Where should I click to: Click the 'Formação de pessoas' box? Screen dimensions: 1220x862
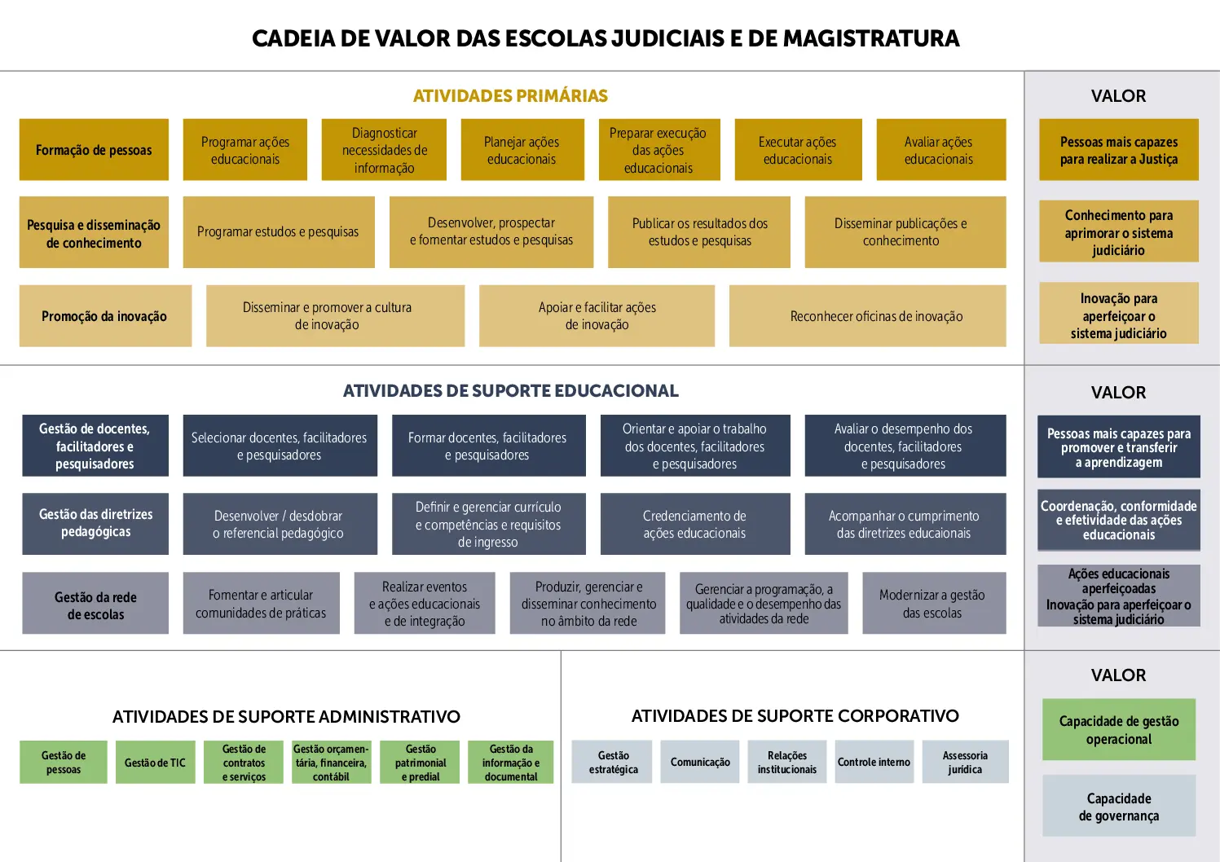pyautogui.click(x=94, y=150)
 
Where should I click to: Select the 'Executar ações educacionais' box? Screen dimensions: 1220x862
pyautogui.click(x=798, y=150)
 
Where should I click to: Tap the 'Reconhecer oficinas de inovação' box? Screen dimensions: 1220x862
pyautogui.click(x=868, y=316)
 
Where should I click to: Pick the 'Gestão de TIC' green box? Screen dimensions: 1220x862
pyautogui.click(x=155, y=762)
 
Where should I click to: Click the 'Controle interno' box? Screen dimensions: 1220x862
pyautogui.click(x=874, y=762)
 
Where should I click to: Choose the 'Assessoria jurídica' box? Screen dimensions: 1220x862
pyautogui.click(x=965, y=762)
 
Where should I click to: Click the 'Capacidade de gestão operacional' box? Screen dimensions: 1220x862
pyautogui.click(x=1119, y=730)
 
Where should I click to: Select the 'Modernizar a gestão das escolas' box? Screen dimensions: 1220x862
pyautogui.click(x=934, y=603)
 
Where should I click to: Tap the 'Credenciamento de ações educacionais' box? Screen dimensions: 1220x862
pyautogui.click(x=695, y=524)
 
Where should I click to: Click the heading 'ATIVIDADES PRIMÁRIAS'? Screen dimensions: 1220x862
pyautogui.click(x=510, y=96)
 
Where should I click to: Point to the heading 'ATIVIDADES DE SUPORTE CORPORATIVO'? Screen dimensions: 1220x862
pyautogui.click(x=795, y=715)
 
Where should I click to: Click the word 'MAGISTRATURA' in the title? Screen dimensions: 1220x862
pyautogui.click(x=871, y=38)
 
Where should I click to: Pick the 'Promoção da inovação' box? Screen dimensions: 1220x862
pyautogui.click(x=106, y=316)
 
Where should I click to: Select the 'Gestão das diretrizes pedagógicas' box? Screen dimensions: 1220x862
pyautogui.click(x=95, y=524)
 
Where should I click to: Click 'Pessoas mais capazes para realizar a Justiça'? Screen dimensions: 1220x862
pyautogui.click(x=1119, y=150)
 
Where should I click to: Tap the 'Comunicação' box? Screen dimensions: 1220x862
pyautogui.click(x=700, y=762)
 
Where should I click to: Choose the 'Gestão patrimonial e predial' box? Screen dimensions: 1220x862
pyautogui.click(x=420, y=762)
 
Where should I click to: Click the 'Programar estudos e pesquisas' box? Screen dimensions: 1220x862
pyautogui.click(x=279, y=232)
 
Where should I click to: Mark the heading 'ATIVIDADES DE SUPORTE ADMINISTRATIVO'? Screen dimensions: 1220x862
pyautogui.click(x=287, y=717)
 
